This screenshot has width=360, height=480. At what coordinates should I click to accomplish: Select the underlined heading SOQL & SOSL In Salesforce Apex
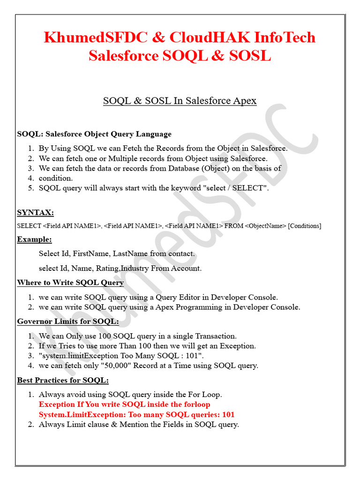[180, 101]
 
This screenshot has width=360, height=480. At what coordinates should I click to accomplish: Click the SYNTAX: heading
[35, 213]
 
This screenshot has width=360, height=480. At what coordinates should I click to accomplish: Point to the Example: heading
[34, 240]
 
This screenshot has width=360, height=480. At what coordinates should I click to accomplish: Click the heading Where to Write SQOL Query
[70, 283]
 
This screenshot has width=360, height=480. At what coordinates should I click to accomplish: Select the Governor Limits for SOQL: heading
[68, 322]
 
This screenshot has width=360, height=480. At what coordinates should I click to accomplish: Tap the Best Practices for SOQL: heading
[63, 380]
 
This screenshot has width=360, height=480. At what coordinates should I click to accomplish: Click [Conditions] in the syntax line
[305, 226]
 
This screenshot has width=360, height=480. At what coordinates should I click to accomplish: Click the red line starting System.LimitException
[136, 414]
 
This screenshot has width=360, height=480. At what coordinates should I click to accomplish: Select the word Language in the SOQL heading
[153, 134]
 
